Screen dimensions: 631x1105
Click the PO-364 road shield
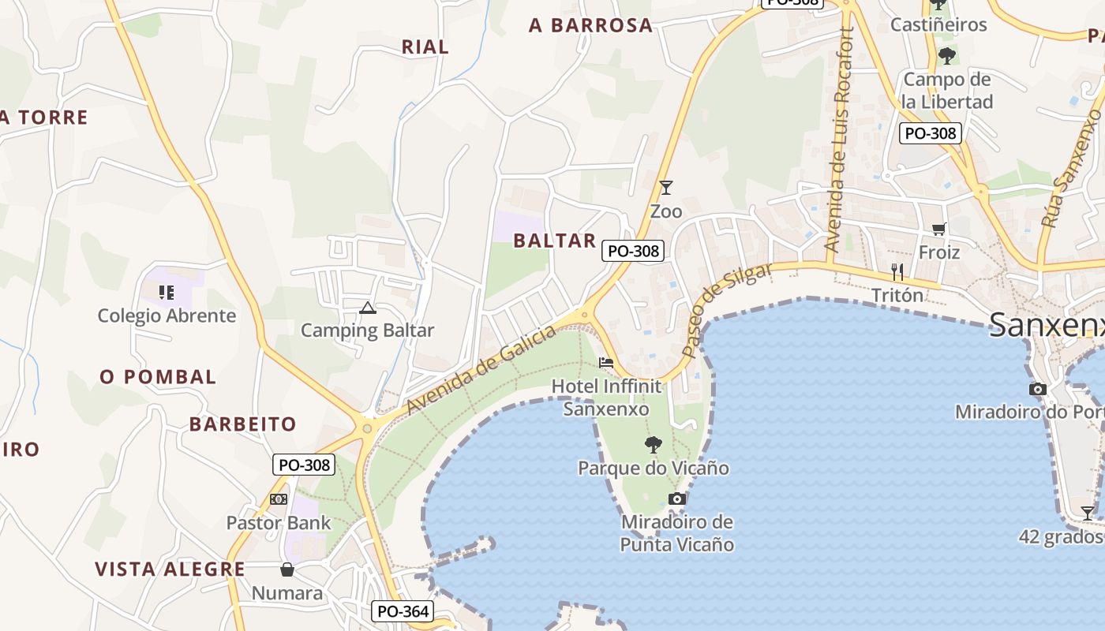pos(403,610)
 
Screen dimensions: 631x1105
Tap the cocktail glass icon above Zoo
pos(666,188)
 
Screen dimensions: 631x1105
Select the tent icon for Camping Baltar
pos(367,308)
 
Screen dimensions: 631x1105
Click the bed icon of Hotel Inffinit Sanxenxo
pos(606,363)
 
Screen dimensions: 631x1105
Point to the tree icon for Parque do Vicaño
pos(653,445)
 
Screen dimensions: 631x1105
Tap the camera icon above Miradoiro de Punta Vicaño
pos(676,498)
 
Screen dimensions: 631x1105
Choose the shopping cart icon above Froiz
pos(938,229)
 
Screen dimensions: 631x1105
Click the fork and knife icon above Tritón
pos(897,272)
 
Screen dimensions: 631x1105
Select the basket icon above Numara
pos(287,569)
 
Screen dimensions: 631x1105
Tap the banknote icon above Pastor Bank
pos(278,499)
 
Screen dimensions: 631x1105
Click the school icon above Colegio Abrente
pos(166,293)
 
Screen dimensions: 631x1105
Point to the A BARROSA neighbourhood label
pos(591,25)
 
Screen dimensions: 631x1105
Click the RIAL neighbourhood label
pos(425,47)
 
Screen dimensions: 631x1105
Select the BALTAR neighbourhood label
pos(555,241)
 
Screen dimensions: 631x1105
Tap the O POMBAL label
pos(158,377)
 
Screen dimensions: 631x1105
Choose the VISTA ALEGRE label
pos(170,569)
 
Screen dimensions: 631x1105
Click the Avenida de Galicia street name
pos(481,371)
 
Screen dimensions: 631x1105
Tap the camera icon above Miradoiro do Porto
pos(1038,389)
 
